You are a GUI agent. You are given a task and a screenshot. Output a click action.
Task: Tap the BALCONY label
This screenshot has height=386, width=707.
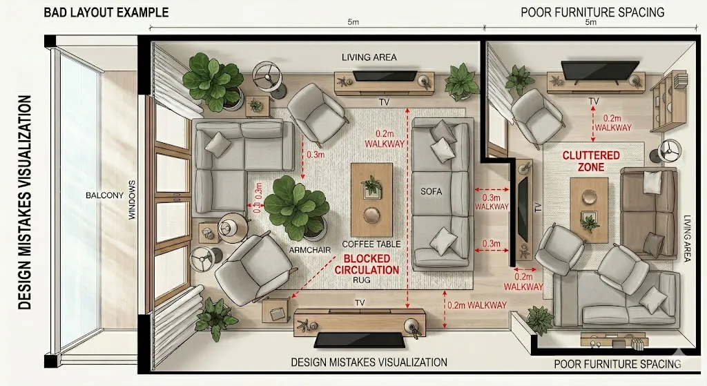pos(105,195)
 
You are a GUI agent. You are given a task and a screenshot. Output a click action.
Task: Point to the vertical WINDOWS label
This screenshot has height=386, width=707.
pos(130,201)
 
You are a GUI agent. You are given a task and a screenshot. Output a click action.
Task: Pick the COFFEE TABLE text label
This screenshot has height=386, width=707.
pos(371,244)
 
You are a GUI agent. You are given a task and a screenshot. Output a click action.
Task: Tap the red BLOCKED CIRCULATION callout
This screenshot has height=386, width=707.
pos(367,264)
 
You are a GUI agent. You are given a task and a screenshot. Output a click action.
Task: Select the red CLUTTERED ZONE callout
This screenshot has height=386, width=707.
pos(591,162)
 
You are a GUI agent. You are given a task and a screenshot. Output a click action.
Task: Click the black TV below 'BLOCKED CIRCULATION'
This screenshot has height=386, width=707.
pos(359,340)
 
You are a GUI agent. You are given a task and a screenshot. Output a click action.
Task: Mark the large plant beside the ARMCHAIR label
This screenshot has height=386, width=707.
pos(296,206)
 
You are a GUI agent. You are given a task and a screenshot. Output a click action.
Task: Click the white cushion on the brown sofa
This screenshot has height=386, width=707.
pos(652,182)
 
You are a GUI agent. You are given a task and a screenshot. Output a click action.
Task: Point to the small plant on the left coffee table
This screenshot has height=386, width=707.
pos(373,184)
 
